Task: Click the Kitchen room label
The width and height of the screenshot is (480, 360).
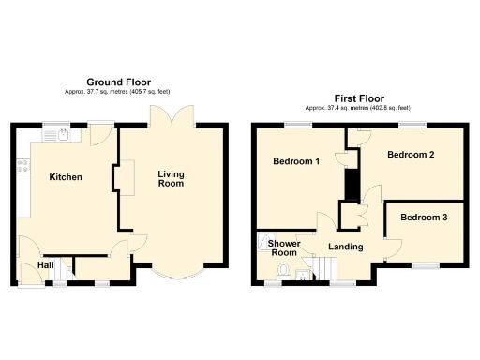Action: (x=66, y=177)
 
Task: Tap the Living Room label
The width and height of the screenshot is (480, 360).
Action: (x=171, y=179)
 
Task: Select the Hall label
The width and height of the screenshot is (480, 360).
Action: (x=44, y=265)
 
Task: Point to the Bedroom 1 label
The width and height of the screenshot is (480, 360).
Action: (x=296, y=161)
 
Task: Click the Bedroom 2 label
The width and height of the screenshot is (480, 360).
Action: (x=411, y=155)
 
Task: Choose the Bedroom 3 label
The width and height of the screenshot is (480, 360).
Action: (x=423, y=217)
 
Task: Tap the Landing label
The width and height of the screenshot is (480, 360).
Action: (x=344, y=247)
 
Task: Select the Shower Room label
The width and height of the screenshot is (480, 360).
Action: (x=283, y=247)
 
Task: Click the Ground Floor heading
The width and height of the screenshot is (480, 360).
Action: (x=118, y=82)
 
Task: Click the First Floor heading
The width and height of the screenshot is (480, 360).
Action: (x=359, y=98)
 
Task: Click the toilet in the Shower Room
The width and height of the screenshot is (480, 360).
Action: (x=283, y=271)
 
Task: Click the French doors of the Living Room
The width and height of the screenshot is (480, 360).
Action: (x=171, y=117)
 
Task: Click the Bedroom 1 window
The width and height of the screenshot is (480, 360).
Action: (x=299, y=125)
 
